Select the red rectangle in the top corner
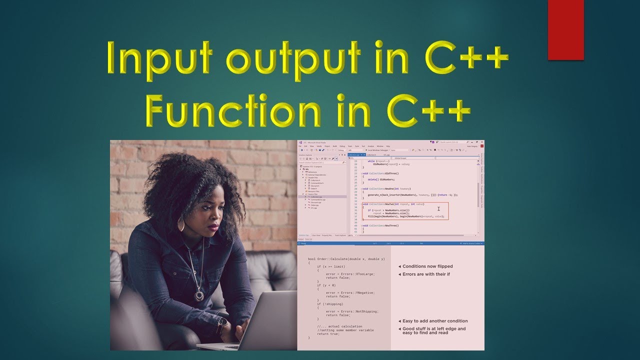pyautogui.click(x=566, y=30)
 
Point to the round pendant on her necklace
pyautogui.click(x=199, y=295)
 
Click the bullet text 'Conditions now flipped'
pyautogui.click(x=427, y=266)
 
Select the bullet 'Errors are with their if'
pyautogui.click(x=426, y=274)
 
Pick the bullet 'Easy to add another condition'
pyautogui.click(x=435, y=321)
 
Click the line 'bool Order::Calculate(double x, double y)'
pyautogui.click(x=346, y=259)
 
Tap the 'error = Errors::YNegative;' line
pyautogui.click(x=350, y=293)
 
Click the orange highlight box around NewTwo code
pyautogui.click(x=405, y=211)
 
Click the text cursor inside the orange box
pyautogui.click(x=438, y=209)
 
